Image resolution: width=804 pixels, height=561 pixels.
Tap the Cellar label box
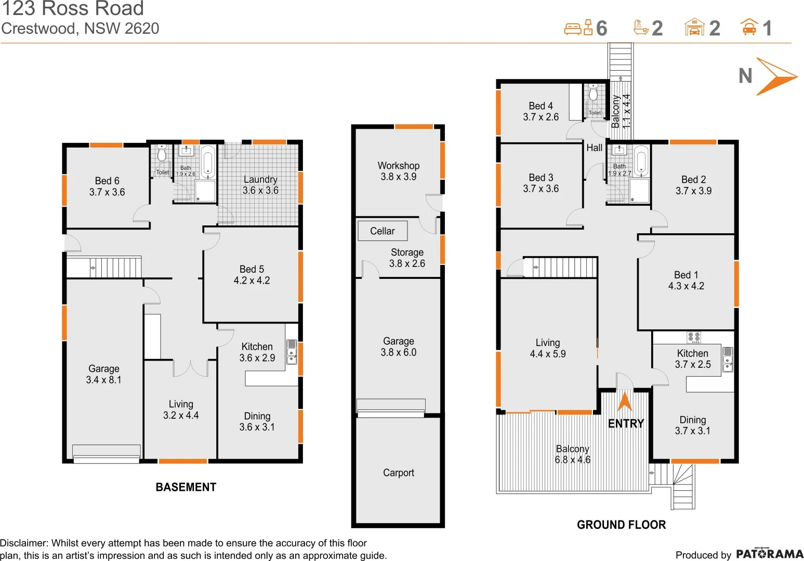(x=383, y=231)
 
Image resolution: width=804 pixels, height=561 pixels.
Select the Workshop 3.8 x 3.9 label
(x=399, y=171)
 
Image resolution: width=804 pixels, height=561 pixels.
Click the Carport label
(x=399, y=473)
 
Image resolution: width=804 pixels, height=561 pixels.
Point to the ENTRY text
(x=626, y=423)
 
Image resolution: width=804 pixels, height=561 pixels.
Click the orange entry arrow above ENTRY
(x=625, y=402)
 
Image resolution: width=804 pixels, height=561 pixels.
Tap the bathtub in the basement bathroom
(x=208, y=162)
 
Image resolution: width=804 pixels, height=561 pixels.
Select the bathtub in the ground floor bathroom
(x=641, y=161)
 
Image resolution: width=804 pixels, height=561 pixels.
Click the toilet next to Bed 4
(x=594, y=94)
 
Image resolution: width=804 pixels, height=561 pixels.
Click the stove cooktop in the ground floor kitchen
(x=694, y=337)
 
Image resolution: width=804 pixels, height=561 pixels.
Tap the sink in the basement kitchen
(x=292, y=352)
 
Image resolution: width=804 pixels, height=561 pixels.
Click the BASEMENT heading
(x=186, y=487)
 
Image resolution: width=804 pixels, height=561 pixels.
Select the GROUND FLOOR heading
(x=621, y=525)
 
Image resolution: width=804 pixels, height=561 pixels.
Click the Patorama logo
(x=770, y=554)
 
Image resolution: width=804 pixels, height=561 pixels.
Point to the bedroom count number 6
(x=601, y=28)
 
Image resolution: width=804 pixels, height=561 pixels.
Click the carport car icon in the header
(x=749, y=27)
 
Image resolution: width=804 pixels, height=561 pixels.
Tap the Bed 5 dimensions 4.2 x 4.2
(x=252, y=280)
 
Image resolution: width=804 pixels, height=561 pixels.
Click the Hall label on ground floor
(x=594, y=148)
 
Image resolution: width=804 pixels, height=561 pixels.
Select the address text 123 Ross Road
(x=73, y=9)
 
